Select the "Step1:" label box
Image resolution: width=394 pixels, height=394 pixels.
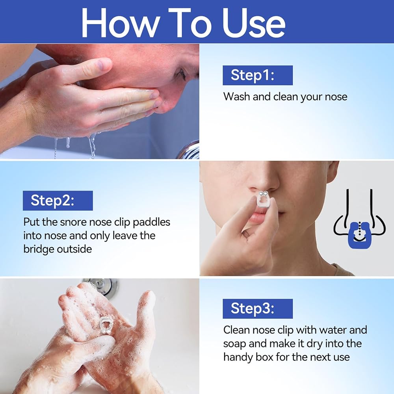258,75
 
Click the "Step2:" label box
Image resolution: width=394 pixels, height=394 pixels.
58,201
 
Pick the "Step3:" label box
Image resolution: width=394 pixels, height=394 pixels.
258,309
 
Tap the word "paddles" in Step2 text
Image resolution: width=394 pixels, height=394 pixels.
152,223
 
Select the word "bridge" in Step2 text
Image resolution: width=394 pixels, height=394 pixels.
39,249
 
